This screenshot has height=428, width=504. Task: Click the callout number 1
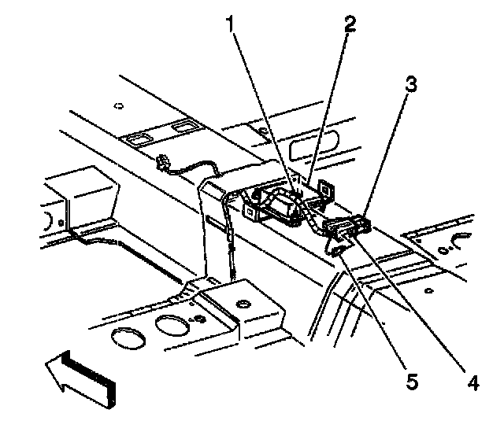tap(231, 24)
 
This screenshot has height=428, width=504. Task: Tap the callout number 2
tap(349, 23)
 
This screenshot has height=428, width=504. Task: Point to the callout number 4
tap(472, 384)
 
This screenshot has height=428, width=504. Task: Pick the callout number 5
tap(411, 384)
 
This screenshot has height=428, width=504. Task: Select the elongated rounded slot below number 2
tap(316, 147)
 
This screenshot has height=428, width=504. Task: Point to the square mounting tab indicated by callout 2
tap(324, 189)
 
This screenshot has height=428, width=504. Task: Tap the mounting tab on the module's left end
tap(252, 212)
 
